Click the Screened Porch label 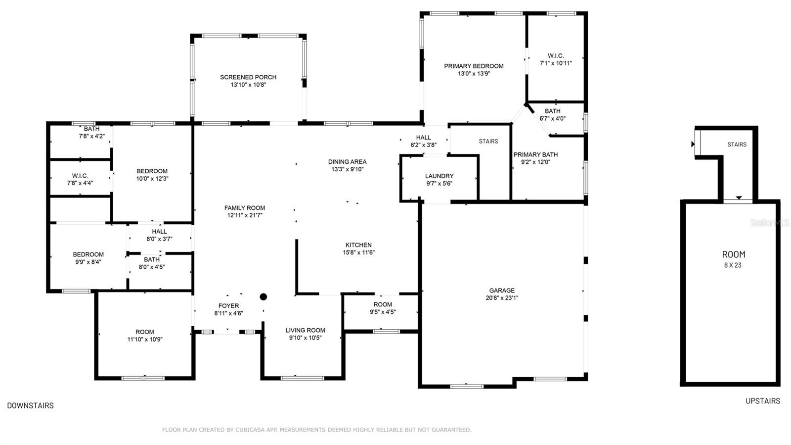coord(248,77)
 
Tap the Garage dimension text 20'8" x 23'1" coord(502,298)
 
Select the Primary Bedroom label coord(474,66)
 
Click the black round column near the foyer coord(264,297)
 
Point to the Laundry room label coord(439,176)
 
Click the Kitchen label coord(358,245)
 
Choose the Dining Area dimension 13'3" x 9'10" coord(347,169)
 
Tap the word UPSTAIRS coord(763,401)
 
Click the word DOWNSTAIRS coord(30,405)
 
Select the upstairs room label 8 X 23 coord(734,265)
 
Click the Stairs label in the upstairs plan coord(737,145)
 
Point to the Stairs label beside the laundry coord(488,141)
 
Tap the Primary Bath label coord(535,154)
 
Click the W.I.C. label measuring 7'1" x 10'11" coord(556,56)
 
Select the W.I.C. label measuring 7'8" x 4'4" coord(80,176)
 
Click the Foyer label coord(228,306)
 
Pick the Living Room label coord(305,330)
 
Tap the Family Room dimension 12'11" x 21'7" coord(245,215)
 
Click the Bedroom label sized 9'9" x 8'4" coord(88,254)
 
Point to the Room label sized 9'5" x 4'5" coord(383,304)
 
